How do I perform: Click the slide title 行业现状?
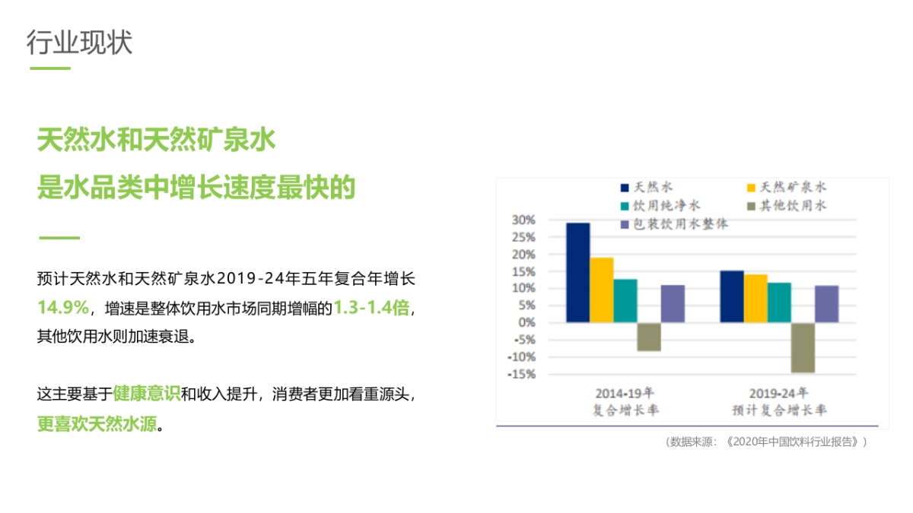pyautogui.click(x=79, y=42)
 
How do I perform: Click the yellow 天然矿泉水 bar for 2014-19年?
pyautogui.click(x=602, y=290)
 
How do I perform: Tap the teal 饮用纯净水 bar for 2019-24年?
pyautogui.click(x=779, y=302)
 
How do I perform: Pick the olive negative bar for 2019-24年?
pyautogui.click(x=803, y=347)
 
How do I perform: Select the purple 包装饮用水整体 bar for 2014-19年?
pyautogui.click(x=673, y=303)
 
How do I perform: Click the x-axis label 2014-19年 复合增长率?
pyautogui.click(x=625, y=402)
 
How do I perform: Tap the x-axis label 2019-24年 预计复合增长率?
pyautogui.click(x=779, y=402)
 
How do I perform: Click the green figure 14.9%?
pyautogui.click(x=63, y=308)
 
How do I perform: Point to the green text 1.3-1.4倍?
pyautogui.click(x=371, y=308)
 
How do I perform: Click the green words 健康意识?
pyautogui.click(x=146, y=394)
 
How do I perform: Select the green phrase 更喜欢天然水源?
pyautogui.click(x=96, y=423)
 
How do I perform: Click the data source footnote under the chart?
pyautogui.click(x=766, y=442)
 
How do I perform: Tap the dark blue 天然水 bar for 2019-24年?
pyautogui.click(x=732, y=296)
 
